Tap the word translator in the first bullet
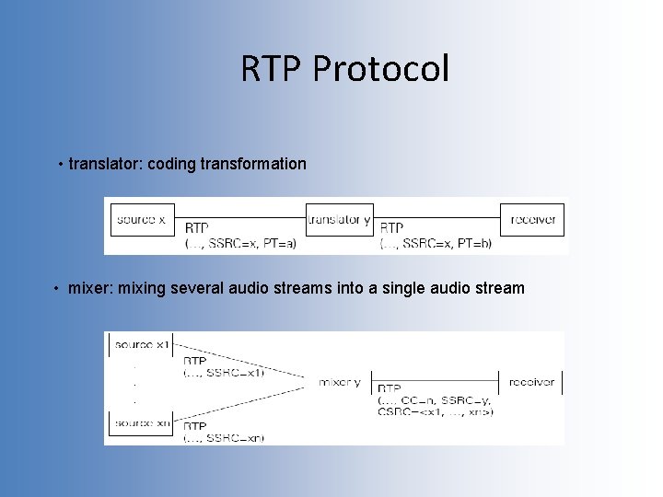pyautogui.click(x=105, y=164)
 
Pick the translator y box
pyautogui.click(x=339, y=220)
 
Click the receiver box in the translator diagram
pyautogui.click(x=532, y=220)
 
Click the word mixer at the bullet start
pyautogui.click(x=87, y=288)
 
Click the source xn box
pyautogui.click(x=140, y=423)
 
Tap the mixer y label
pyautogui.click(x=340, y=381)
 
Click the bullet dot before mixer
pyautogui.click(x=57, y=289)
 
